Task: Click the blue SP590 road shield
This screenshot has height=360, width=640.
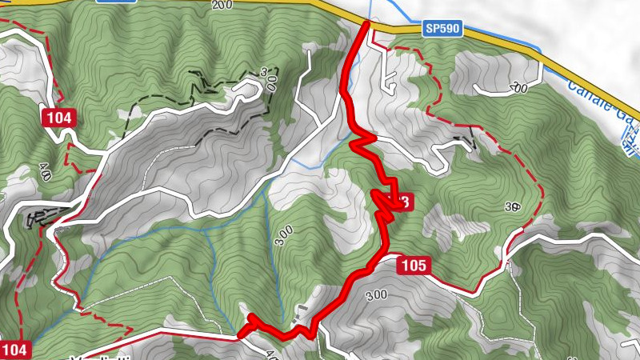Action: (x=442, y=29)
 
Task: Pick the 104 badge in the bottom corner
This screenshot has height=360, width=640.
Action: (x=15, y=349)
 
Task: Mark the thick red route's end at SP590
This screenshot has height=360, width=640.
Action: (x=366, y=24)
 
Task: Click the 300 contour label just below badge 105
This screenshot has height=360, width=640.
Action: (x=375, y=295)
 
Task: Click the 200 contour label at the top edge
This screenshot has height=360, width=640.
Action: (x=222, y=5)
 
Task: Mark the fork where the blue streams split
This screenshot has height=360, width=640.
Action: (x=206, y=230)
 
